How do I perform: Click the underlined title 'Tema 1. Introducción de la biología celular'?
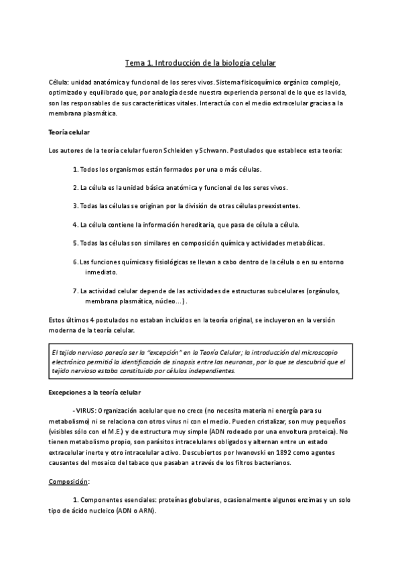point(201,63)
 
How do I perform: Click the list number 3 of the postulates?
point(75,206)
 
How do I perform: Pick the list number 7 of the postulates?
point(75,291)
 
